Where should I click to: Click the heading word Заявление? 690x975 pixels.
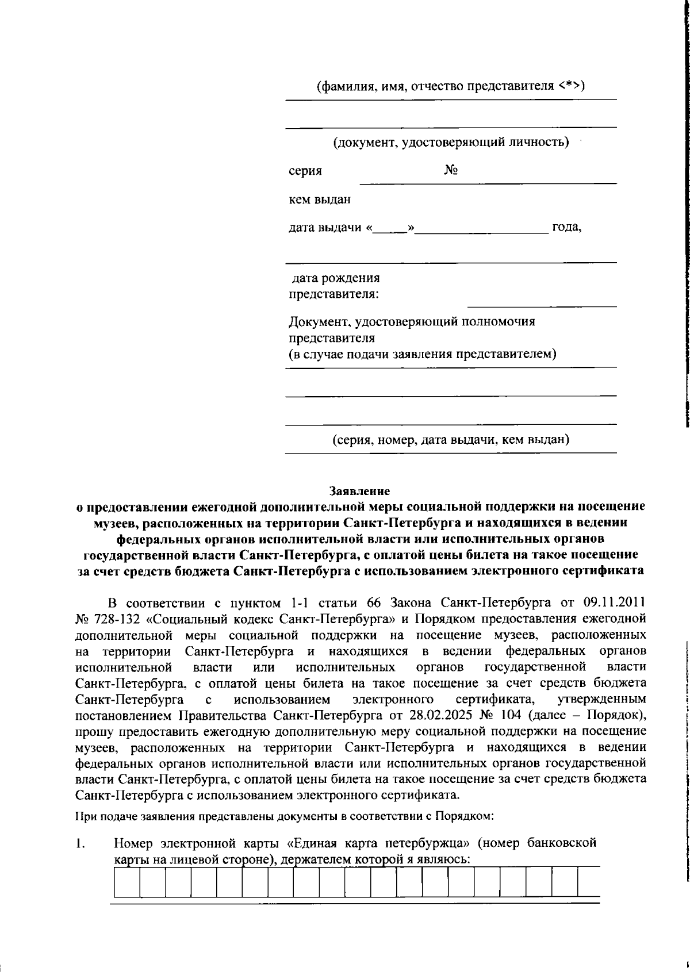coord(359,492)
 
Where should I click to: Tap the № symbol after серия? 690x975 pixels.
coord(451,171)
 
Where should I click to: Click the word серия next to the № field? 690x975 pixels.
coord(305,171)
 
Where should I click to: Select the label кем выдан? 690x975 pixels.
coord(319,200)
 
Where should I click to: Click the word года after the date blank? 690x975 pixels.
coord(566,228)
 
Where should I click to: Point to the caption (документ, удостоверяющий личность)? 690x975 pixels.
coord(451,142)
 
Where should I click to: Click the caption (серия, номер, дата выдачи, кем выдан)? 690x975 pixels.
coord(451,440)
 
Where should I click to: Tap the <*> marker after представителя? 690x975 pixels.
coord(570,86)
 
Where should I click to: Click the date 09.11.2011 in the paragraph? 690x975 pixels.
coord(614,603)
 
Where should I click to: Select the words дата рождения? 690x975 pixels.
coord(336,279)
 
